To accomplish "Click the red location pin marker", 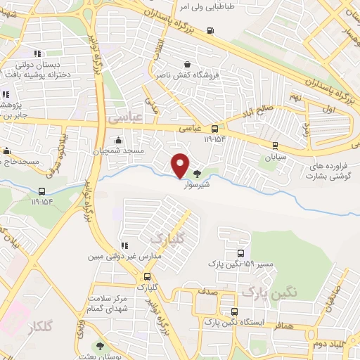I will tap(181, 165).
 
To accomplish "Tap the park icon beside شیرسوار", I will tap(198, 174).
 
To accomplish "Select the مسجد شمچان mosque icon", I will tap(118, 139).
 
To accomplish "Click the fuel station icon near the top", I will tap(211, 30).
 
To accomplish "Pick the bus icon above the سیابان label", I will tap(275, 146).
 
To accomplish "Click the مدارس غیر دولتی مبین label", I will tap(120, 257).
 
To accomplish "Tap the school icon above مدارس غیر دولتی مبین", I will tap(124, 245).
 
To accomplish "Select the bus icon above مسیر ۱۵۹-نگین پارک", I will tap(241, 253).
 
